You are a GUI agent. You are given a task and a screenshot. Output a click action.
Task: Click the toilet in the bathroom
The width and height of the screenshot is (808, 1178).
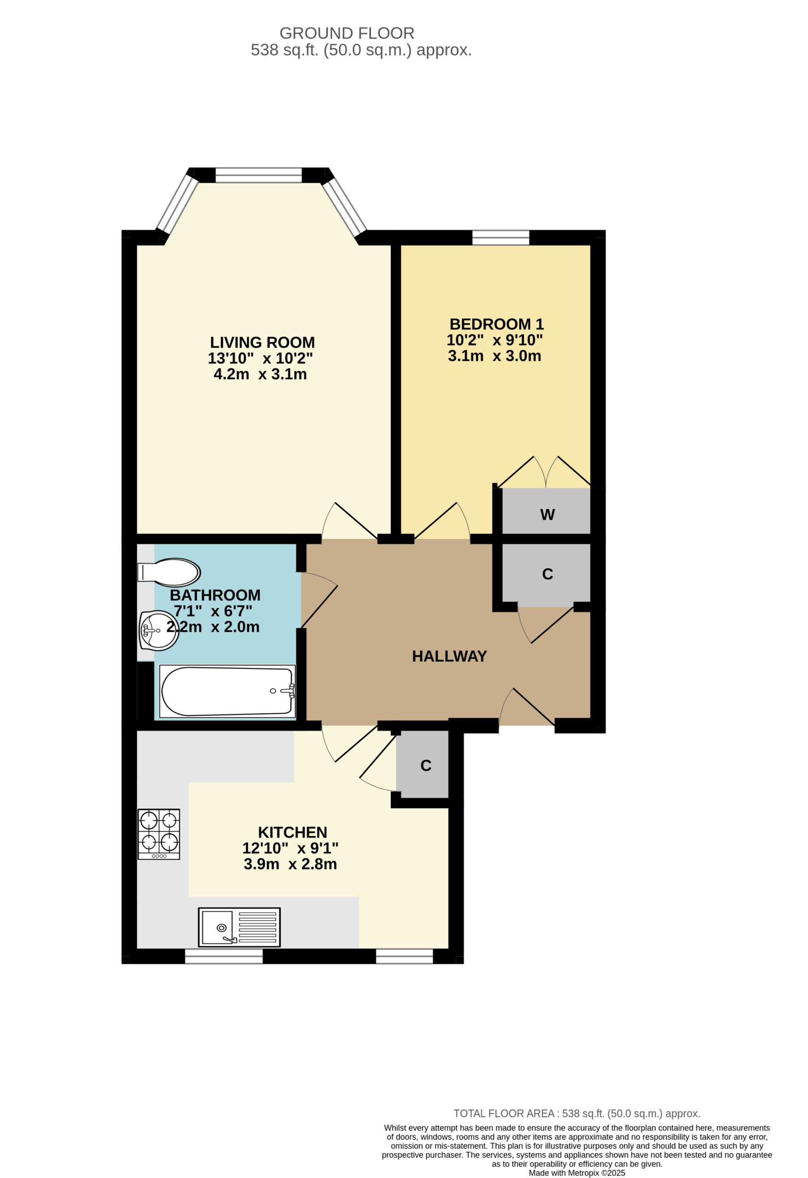point(169,573)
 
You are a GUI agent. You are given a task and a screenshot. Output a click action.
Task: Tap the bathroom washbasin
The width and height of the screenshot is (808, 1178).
point(159,630)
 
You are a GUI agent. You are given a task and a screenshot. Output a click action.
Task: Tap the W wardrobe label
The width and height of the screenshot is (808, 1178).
point(547,514)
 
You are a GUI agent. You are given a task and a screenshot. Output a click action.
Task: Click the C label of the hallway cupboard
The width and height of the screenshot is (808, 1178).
point(547,574)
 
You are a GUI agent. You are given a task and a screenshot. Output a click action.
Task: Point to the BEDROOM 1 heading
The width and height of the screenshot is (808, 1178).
point(497,324)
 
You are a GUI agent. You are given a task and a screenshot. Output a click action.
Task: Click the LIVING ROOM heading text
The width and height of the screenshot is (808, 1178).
point(263,342)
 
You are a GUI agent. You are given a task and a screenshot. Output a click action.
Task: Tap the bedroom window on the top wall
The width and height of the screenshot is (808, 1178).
point(500,237)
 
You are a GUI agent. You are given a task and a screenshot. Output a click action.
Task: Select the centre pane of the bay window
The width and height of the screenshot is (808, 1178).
point(258,175)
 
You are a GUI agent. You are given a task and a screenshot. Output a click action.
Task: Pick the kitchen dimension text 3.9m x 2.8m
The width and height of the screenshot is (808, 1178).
point(290,864)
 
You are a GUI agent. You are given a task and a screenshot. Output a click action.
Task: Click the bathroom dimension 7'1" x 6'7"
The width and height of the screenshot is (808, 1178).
point(213,611)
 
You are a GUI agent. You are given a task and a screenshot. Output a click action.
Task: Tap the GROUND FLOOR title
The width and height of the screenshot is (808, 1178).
point(347,34)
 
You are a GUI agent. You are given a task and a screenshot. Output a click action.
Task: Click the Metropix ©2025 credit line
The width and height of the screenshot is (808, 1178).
point(577,1173)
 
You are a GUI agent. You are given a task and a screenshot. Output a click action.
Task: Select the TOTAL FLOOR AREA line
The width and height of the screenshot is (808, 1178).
point(577,1114)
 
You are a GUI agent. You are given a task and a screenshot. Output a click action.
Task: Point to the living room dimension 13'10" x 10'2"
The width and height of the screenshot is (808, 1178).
point(260,358)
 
